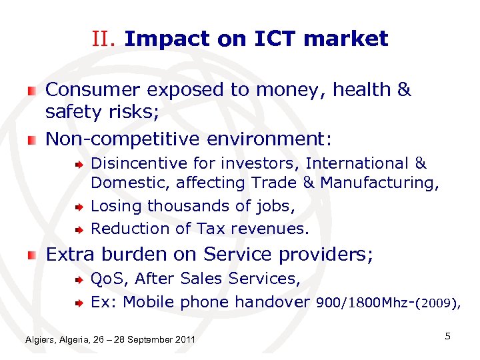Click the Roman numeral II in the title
[x=105, y=39]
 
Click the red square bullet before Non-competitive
[x=32, y=140]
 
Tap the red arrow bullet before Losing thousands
[x=77, y=207]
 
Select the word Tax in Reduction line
[x=211, y=229]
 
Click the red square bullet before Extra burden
[x=32, y=255]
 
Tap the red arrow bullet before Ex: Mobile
[x=77, y=303]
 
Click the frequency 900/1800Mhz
[x=363, y=303]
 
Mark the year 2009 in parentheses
[x=437, y=304]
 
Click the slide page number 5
[x=447, y=337]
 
